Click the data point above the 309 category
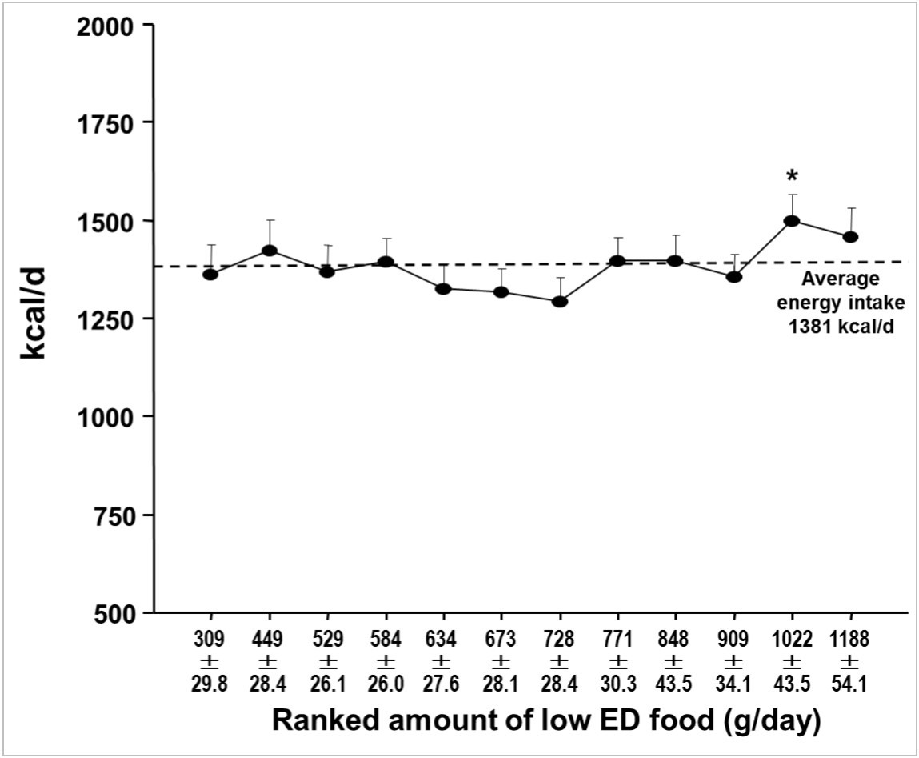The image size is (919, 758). click(210, 275)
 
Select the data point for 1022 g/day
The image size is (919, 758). click(792, 221)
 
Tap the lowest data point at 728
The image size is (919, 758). click(560, 302)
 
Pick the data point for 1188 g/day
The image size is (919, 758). click(850, 237)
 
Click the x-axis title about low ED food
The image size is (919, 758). click(546, 720)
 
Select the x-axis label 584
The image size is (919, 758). click(385, 640)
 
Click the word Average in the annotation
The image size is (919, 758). click(840, 279)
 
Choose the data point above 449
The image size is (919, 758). click(269, 251)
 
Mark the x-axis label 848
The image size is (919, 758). click(673, 640)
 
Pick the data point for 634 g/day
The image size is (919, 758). click(443, 288)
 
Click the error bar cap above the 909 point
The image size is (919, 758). click(733, 255)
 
